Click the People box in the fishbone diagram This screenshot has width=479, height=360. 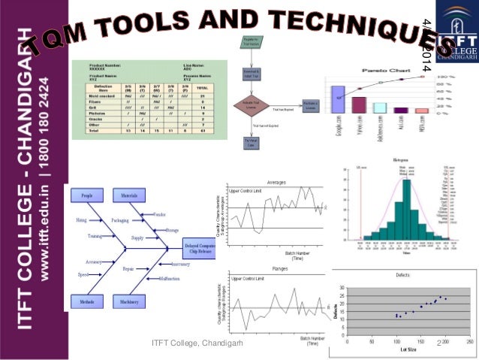point(83,196)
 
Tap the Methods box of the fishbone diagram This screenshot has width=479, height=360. point(83,301)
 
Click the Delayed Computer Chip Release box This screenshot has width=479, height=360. point(202,248)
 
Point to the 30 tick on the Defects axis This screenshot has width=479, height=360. point(342,287)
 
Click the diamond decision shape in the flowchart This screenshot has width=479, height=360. point(249,107)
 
